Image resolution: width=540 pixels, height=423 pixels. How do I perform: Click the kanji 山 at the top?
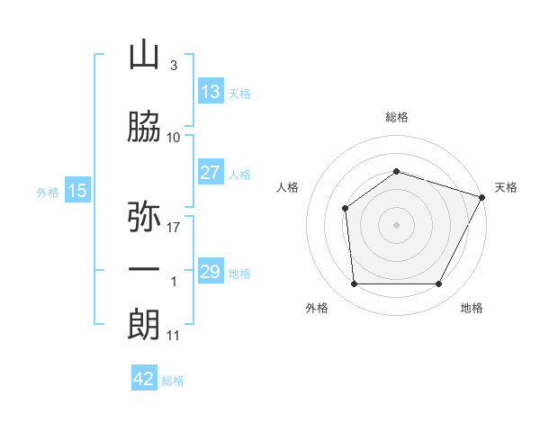coord(144,57)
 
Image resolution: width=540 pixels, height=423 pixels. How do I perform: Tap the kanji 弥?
coord(144,217)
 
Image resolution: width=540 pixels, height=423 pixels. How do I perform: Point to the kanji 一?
coord(144,271)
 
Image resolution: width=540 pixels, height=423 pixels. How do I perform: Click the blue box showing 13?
coord(210,91)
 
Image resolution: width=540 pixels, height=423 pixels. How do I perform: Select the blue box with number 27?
coord(210,173)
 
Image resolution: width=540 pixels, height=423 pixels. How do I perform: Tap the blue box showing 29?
coord(210,272)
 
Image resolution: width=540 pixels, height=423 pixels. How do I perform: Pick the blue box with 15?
coord(77,191)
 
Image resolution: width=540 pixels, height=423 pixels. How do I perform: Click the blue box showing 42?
coord(144,379)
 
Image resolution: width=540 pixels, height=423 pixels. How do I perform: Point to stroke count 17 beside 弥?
coord(174,227)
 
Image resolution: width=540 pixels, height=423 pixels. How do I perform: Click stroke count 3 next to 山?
coord(173,67)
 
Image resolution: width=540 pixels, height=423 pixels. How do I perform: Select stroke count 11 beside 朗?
coord(174,336)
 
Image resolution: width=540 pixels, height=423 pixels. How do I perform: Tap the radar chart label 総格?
coord(396,117)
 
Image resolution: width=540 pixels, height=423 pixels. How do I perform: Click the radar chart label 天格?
coord(506,187)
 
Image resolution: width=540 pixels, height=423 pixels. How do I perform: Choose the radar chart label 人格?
coord(288,187)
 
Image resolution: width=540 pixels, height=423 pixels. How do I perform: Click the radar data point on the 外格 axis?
coord(354,284)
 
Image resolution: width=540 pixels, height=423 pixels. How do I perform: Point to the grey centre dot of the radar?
coord(396,225)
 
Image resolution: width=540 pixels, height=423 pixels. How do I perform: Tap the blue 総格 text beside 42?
coord(173,381)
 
